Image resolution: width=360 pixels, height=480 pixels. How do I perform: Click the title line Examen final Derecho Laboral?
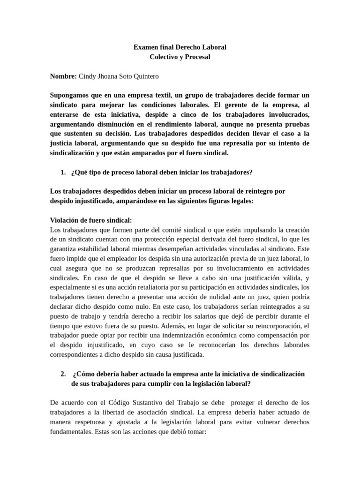[x=180, y=47]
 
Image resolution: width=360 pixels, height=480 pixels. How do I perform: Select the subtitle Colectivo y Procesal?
[x=180, y=57]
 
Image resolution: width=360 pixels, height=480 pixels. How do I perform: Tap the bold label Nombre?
[x=63, y=75]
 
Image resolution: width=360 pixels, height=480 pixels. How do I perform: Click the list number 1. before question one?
[x=63, y=172]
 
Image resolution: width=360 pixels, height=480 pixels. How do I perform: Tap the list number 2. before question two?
[x=63, y=374]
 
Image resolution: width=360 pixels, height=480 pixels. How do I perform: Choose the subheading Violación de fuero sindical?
[x=91, y=220]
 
